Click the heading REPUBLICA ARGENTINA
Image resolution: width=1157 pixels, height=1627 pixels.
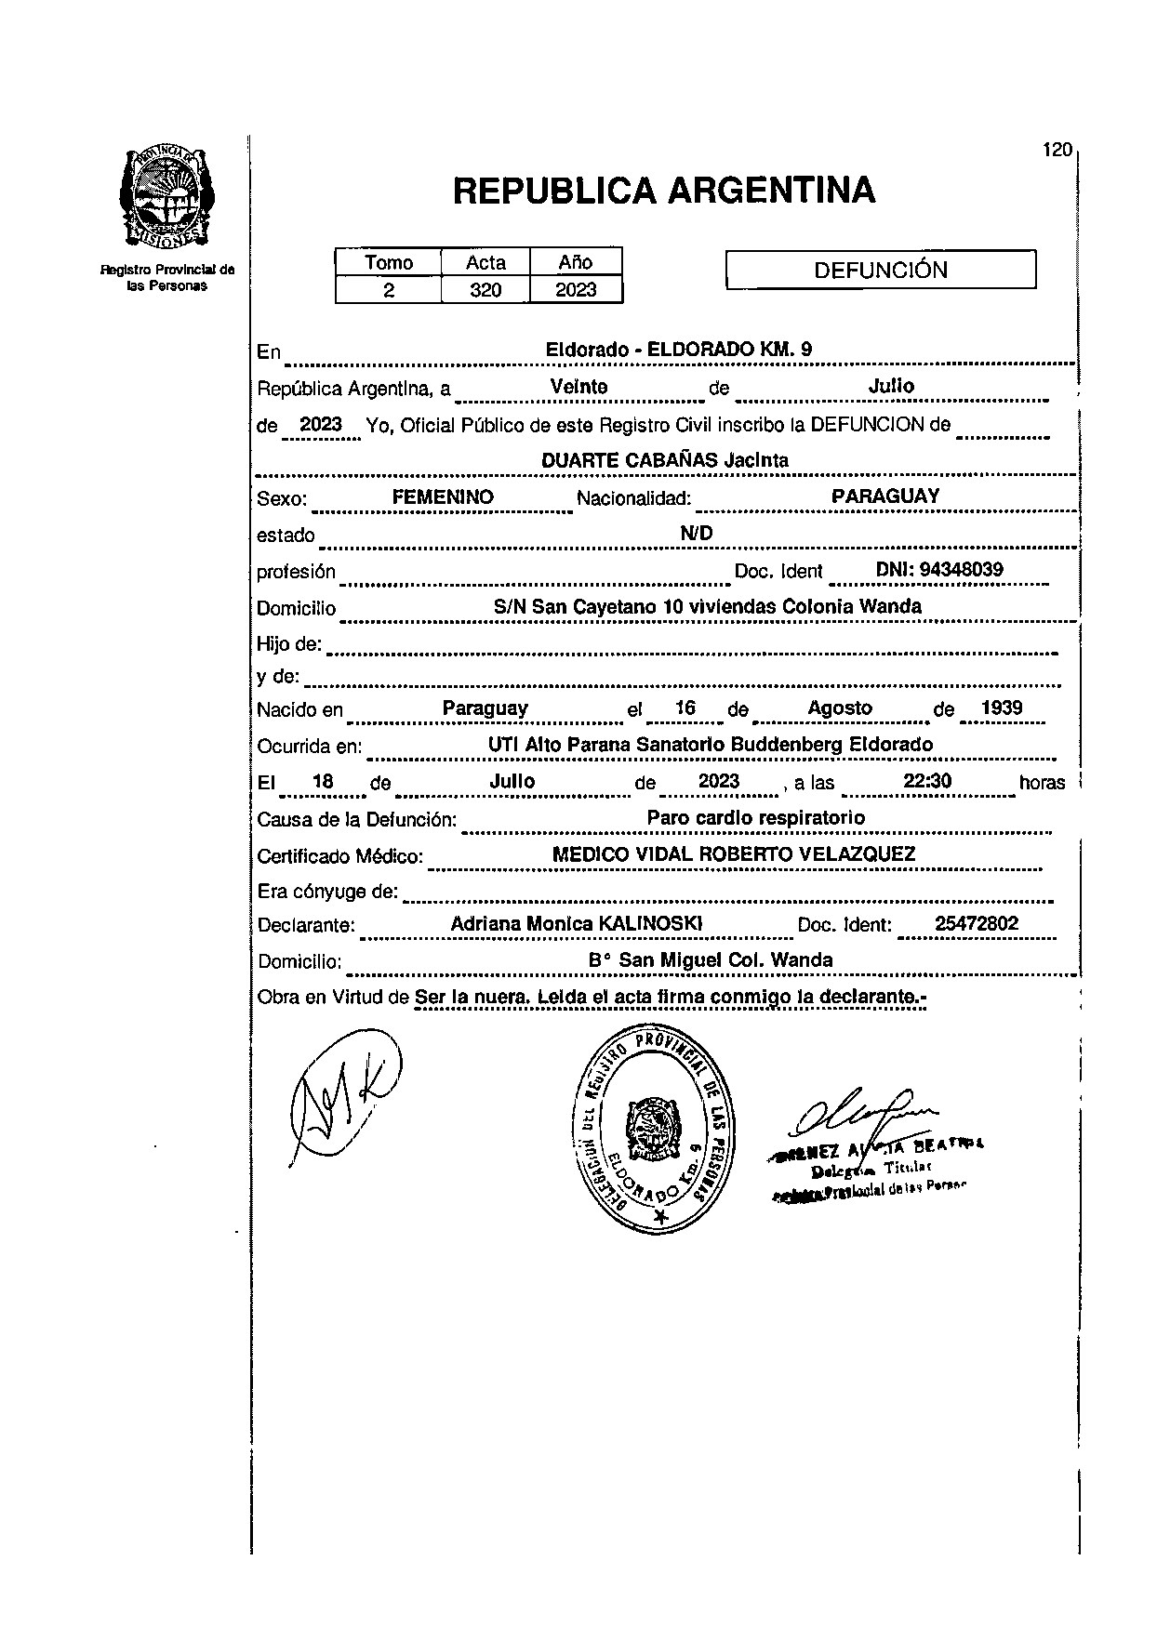[x=663, y=191]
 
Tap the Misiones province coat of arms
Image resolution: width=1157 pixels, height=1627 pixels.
[x=167, y=197]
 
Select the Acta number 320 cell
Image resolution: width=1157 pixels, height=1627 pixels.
[x=485, y=290]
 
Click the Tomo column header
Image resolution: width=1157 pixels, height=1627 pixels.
[x=389, y=262]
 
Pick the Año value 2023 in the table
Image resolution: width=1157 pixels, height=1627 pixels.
[x=576, y=290]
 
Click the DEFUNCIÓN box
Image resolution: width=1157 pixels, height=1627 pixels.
[x=880, y=271]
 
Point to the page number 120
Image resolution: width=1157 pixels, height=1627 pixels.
[x=1057, y=150]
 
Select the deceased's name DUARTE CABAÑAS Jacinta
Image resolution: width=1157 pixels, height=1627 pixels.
[x=664, y=460]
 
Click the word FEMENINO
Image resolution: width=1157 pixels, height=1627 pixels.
[x=443, y=497]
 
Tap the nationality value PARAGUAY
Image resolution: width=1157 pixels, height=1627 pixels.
[x=885, y=496]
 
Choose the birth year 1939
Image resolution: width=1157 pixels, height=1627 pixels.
[x=1002, y=708]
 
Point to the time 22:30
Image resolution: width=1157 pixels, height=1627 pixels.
[x=927, y=781]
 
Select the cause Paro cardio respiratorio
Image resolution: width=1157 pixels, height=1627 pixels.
[x=755, y=818]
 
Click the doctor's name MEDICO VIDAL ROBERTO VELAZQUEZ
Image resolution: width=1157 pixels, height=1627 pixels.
[x=734, y=854]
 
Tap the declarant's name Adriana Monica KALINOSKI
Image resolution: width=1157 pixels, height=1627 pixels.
[x=576, y=924]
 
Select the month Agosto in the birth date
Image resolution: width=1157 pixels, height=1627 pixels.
[x=840, y=708]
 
